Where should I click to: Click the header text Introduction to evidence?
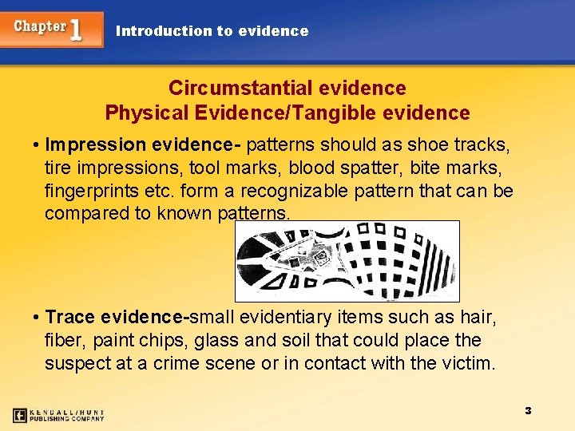[212, 31]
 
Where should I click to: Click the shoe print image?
[347, 260]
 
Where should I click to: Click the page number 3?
[528, 410]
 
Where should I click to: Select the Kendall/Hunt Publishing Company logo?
[58, 415]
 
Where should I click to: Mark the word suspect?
[78, 364]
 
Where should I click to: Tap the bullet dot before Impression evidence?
[37, 145]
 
